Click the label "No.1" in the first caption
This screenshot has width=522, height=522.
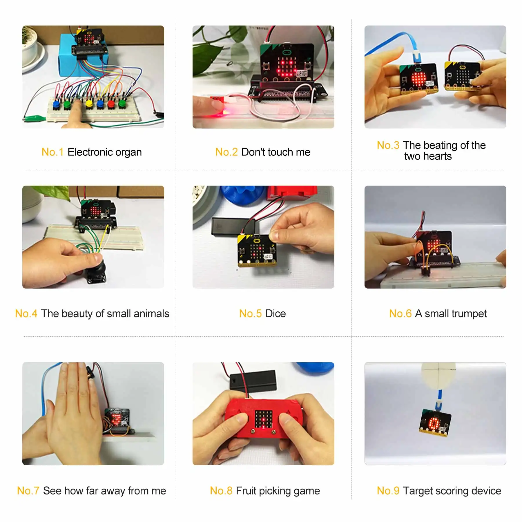pyautogui.click(x=52, y=152)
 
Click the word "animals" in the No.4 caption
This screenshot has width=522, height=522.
pyautogui.click(x=151, y=313)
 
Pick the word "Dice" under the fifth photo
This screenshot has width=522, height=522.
pyautogui.click(x=275, y=313)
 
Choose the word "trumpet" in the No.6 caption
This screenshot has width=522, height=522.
pyautogui.click(x=470, y=313)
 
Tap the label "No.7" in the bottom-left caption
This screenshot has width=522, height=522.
pyautogui.click(x=28, y=491)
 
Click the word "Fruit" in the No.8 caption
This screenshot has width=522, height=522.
pyautogui.click(x=246, y=491)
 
